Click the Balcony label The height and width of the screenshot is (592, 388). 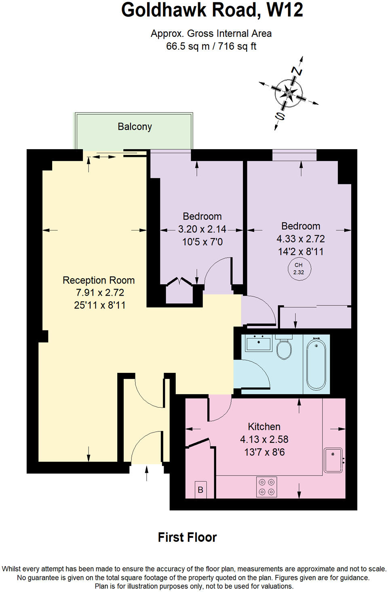pos(135,127)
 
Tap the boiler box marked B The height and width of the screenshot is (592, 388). pos(200,490)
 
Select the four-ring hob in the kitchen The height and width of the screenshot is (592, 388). pos(267,487)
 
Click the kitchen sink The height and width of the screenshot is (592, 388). pos(333,460)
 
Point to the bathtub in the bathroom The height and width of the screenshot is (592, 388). pos(316,364)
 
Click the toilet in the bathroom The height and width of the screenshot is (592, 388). pos(284,349)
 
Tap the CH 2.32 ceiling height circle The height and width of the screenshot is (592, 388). pos(299,269)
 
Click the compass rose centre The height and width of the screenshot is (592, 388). pos(289,93)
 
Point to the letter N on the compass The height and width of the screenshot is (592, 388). pos(297,72)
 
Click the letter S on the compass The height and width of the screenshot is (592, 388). pos(280,116)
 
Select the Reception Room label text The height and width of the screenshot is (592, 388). pos(99,280)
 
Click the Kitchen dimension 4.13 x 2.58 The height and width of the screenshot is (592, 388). pos(264,439)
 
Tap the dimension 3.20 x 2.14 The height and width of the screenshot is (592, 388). pos(202,229)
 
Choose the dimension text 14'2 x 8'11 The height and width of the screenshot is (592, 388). pos(301,252)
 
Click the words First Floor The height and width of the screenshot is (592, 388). pos(187,537)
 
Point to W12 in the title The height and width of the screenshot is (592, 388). pos(285,10)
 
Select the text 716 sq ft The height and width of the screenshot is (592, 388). pos(237,46)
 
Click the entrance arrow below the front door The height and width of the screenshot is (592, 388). pos(146,472)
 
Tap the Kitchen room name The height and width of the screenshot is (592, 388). pos(264,427)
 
